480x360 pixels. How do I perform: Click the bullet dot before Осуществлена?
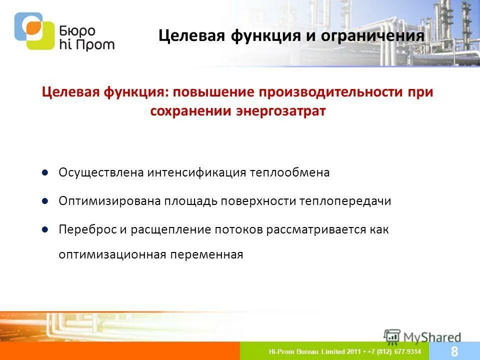tap(44, 172)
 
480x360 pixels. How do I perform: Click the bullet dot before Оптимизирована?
tap(44, 201)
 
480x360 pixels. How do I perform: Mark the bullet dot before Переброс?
tap(44, 229)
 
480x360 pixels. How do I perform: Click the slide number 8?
tap(454, 351)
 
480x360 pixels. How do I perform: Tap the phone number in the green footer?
tap(394, 351)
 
